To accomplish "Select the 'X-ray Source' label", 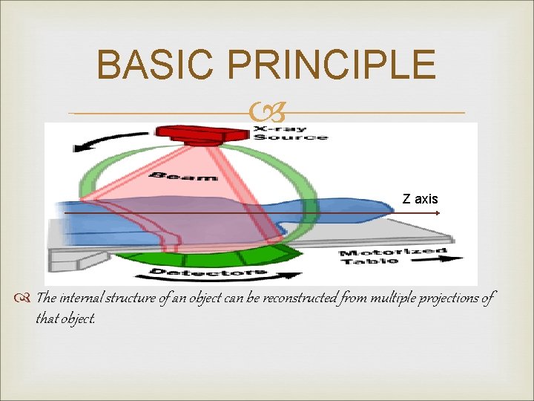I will pos(290,132).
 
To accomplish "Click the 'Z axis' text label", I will pos(420,199).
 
